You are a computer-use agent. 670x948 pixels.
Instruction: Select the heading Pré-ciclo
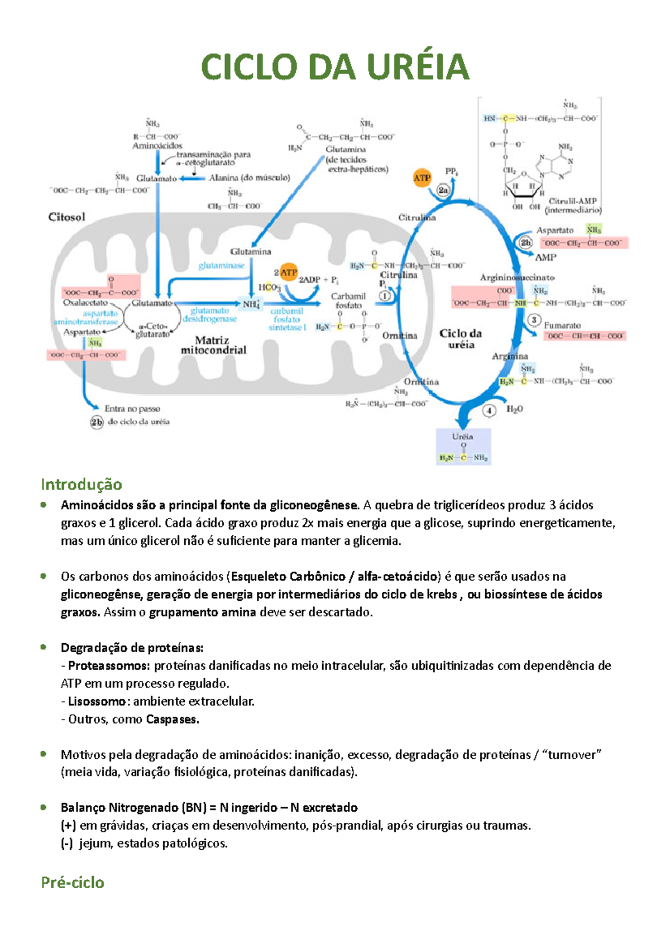(x=73, y=882)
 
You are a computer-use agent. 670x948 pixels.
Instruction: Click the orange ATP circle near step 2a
(x=422, y=178)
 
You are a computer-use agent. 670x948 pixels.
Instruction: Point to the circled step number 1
(x=385, y=296)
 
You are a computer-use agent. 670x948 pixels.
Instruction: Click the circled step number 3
(x=534, y=320)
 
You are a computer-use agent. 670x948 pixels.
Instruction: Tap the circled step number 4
(x=489, y=411)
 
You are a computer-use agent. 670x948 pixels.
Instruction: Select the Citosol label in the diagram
(x=67, y=217)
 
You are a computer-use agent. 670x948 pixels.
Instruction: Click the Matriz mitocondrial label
(x=213, y=345)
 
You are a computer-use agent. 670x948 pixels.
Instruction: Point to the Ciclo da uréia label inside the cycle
(x=461, y=339)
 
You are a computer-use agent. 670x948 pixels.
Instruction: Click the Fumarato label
(x=562, y=325)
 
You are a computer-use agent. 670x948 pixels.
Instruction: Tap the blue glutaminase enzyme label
(x=222, y=266)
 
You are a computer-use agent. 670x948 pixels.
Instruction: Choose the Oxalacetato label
(x=85, y=303)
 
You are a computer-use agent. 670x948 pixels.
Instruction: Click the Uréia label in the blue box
(x=463, y=437)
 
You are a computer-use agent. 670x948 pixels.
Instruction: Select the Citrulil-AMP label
(x=572, y=201)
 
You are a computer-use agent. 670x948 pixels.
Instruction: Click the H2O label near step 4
(x=514, y=409)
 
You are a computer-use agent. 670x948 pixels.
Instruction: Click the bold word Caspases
(x=172, y=719)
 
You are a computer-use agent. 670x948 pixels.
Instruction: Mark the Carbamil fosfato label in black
(x=348, y=300)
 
